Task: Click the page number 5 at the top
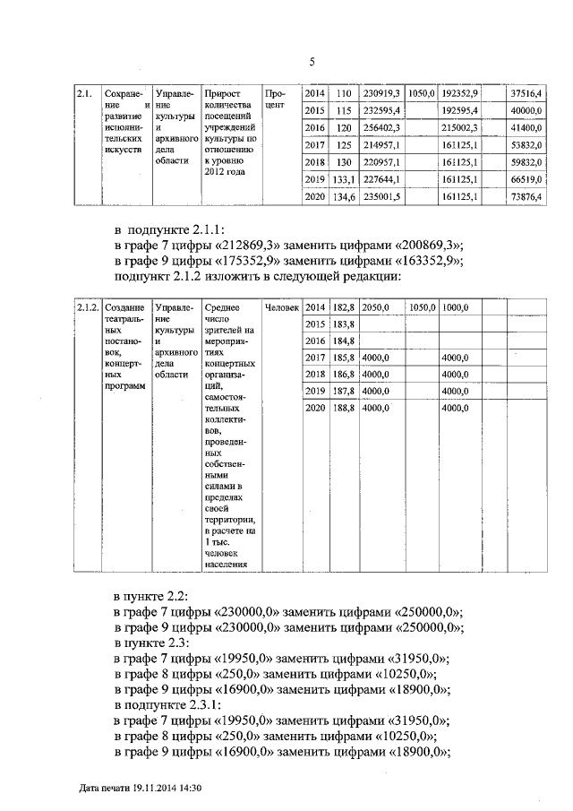312,62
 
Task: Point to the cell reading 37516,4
526,93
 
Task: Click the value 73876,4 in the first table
526,196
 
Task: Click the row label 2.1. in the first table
83,93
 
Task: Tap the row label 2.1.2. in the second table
87,307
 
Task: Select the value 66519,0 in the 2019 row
526,179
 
